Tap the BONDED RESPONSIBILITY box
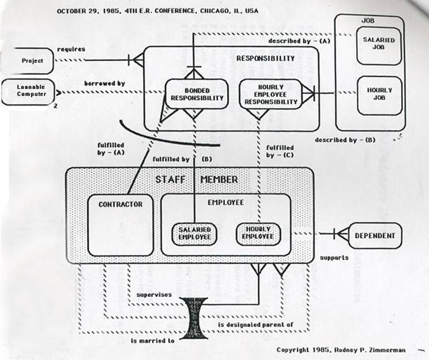[x=197, y=94]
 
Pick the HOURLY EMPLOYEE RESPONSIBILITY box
[x=270, y=94]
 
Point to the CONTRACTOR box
[x=120, y=225]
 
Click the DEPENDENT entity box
[x=376, y=236]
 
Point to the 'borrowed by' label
[x=104, y=83]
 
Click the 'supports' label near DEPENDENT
[x=334, y=258]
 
